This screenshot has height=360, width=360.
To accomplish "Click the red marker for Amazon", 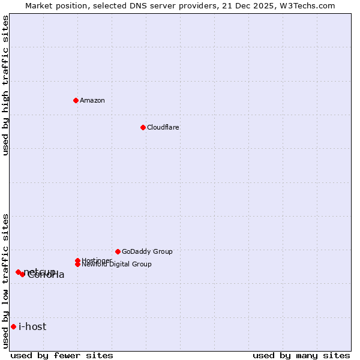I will pyautogui.click(x=76, y=100).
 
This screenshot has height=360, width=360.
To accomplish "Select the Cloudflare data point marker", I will pyautogui.click(x=143, y=127).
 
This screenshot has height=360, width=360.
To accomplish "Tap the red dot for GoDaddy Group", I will pyautogui.click(x=118, y=251).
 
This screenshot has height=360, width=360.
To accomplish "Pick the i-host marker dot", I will pyautogui.click(x=13, y=326).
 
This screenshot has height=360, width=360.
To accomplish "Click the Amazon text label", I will pyautogui.click(x=92, y=100).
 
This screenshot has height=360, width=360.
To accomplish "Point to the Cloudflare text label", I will pyautogui.click(x=163, y=127).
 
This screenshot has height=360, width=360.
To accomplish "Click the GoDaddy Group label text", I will pyautogui.click(x=147, y=251).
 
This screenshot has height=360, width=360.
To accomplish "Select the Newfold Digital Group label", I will pyautogui.click(x=116, y=264).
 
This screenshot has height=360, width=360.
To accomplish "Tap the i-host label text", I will pyautogui.click(x=32, y=326).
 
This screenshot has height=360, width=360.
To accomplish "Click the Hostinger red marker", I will pyautogui.click(x=77, y=260).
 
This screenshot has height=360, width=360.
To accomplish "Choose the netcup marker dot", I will pyautogui.click(x=18, y=272).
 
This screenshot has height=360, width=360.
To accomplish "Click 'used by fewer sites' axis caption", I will pyautogui.click(x=62, y=355).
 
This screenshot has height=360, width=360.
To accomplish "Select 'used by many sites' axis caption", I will pyautogui.click(x=301, y=355).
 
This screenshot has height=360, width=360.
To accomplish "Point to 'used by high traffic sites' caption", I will pyautogui.click(x=5, y=85).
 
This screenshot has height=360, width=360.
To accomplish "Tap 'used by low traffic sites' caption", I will pyautogui.click(x=5, y=280).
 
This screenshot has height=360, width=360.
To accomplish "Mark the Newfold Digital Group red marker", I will pyautogui.click(x=77, y=264).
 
